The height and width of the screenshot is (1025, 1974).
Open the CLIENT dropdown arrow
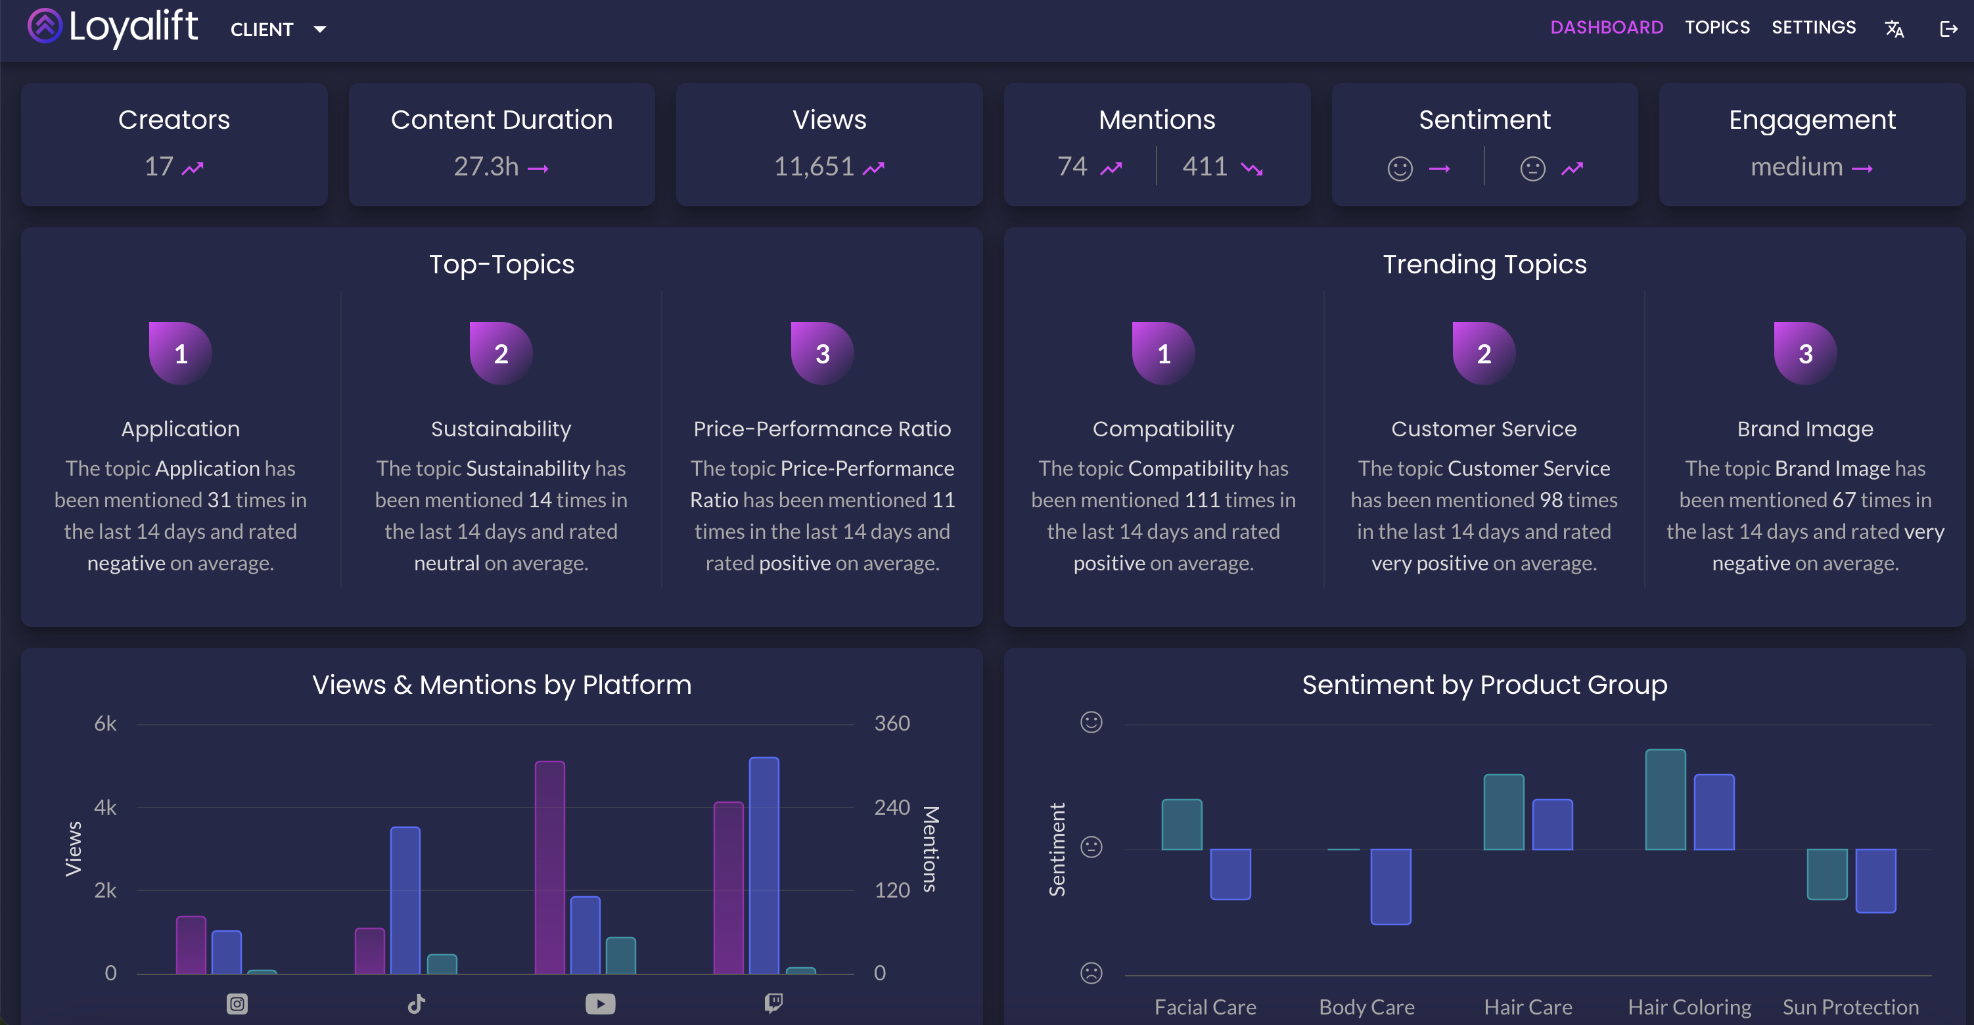point(320,29)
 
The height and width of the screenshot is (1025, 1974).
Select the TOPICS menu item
point(1716,28)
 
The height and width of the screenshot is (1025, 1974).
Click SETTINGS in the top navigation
point(1813,28)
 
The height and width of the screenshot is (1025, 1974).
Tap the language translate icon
point(1894,29)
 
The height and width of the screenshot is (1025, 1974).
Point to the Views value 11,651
point(813,166)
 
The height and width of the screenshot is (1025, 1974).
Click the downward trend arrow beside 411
point(1251,169)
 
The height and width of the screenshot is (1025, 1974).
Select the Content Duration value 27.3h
point(486,166)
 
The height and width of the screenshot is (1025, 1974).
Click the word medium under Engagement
point(1796,166)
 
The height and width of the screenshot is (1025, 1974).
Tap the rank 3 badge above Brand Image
point(1804,353)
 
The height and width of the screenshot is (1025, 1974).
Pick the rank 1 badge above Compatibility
point(1163,353)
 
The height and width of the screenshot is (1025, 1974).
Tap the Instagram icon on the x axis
point(237,1003)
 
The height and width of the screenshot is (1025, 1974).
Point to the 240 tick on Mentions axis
point(891,808)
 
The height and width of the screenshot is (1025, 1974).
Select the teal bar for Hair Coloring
point(1664,800)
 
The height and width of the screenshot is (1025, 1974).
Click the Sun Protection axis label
point(1850,1007)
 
